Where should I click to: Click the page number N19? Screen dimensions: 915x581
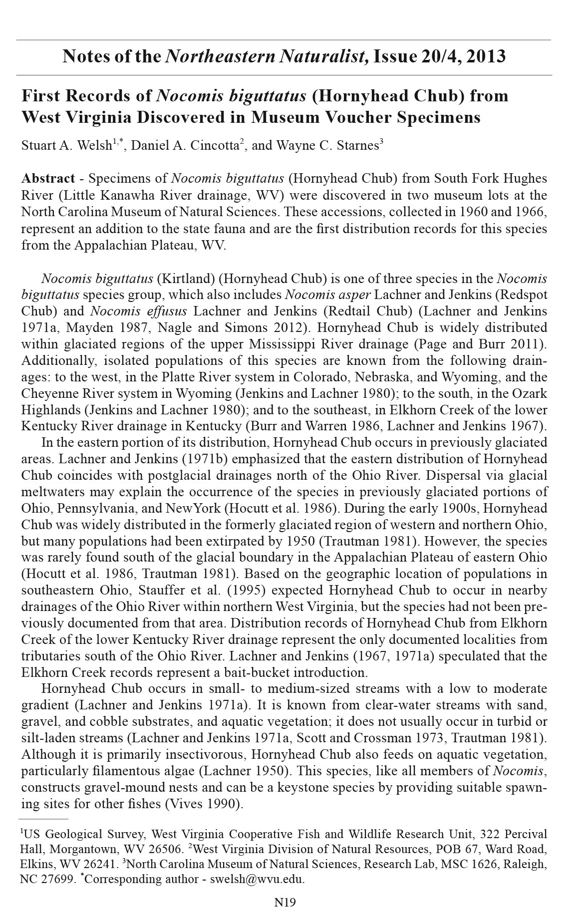[x=285, y=902]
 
